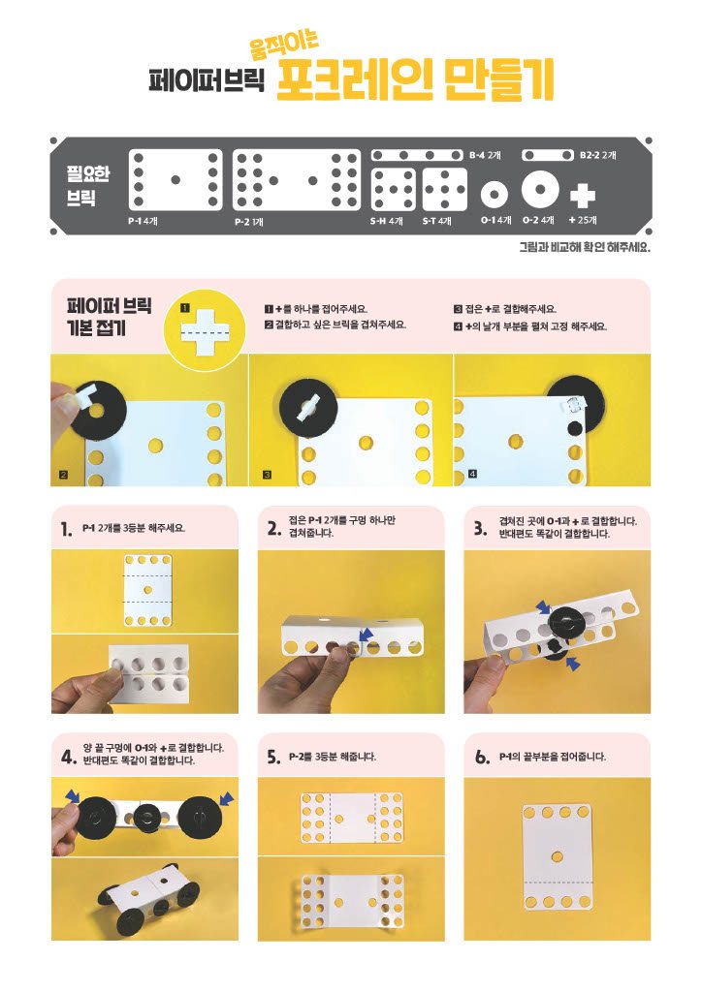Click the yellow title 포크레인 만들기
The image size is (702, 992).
[x=415, y=79]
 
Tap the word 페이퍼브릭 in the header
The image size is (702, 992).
[x=207, y=79]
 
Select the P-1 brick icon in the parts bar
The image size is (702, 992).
[x=175, y=179]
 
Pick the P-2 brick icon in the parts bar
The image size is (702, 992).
[x=297, y=179]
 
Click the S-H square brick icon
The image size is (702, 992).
[x=394, y=189]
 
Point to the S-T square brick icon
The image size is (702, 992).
[x=444, y=189]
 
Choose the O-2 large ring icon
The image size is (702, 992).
[x=540, y=189]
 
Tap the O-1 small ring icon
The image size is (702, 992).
[x=495, y=194]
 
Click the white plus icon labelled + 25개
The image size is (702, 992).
[x=583, y=196]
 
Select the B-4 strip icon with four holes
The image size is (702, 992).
[x=417, y=155]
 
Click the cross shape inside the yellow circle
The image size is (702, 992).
[x=204, y=332]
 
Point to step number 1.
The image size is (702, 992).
[x=66, y=530]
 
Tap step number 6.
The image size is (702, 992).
[x=482, y=757]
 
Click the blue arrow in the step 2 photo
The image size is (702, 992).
[x=365, y=633]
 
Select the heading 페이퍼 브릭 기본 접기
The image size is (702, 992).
[x=109, y=317]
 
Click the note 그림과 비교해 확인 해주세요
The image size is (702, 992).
[x=585, y=247]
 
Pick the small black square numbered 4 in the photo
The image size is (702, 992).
[x=472, y=474]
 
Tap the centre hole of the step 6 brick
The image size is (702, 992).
[x=557, y=856]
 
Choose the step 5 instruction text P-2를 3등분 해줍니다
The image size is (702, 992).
[x=333, y=757]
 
